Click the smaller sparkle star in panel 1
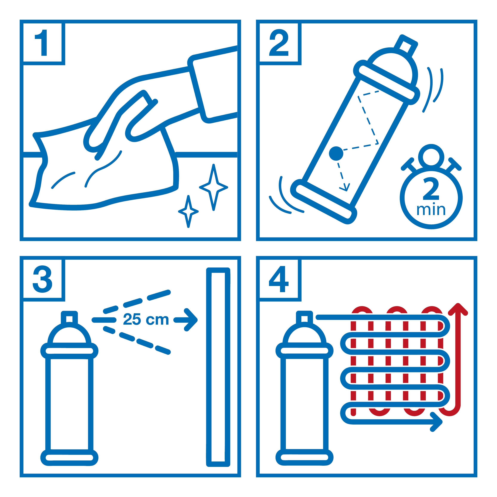tap(189, 211)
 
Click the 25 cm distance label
tap(146, 320)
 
